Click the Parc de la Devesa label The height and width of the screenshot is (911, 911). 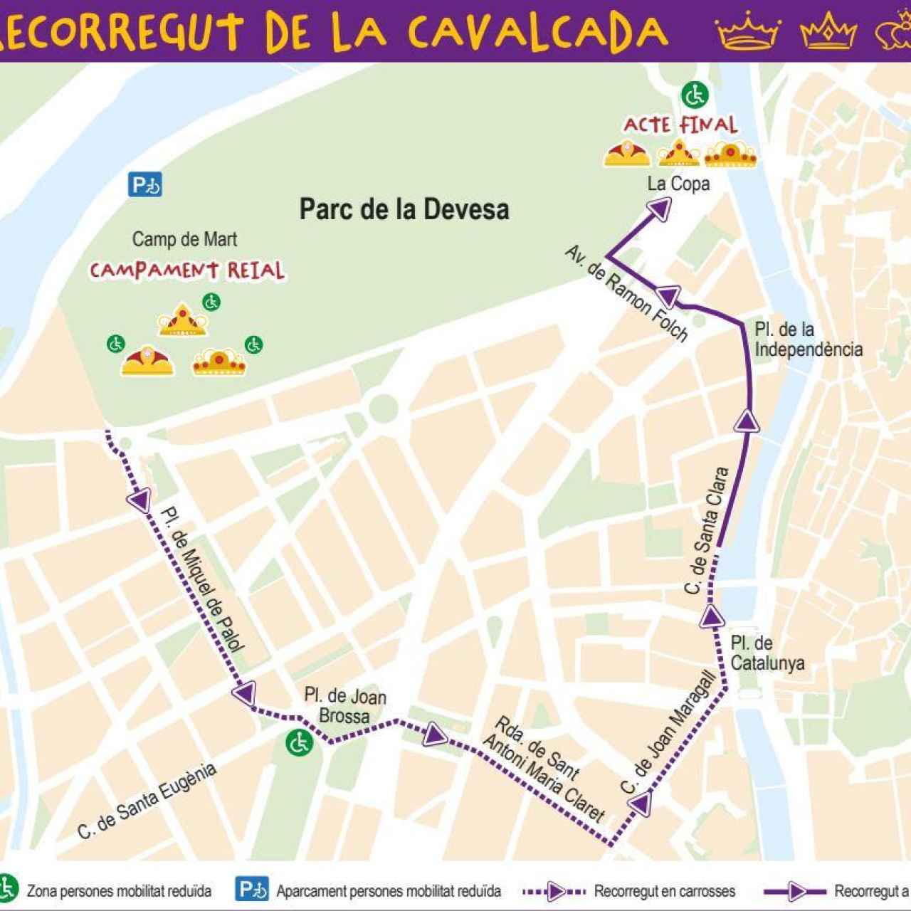pyautogui.click(x=404, y=209)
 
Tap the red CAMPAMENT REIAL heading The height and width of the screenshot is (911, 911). pyautogui.click(x=186, y=271)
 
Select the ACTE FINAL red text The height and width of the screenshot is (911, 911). pyautogui.click(x=680, y=125)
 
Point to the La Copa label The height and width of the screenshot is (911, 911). pyautogui.click(x=678, y=184)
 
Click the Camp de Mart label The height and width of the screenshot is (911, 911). pyautogui.click(x=184, y=239)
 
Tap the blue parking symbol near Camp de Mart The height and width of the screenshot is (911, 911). pyautogui.click(x=145, y=185)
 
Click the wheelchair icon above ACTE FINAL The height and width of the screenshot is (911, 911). pyautogui.click(x=694, y=94)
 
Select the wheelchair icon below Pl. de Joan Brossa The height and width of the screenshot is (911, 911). pyautogui.click(x=299, y=743)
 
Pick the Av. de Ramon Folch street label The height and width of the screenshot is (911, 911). pyautogui.click(x=627, y=293)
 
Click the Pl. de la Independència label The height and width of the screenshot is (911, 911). pyautogui.click(x=808, y=339)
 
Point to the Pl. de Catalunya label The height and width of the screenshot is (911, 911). pyautogui.click(x=767, y=653)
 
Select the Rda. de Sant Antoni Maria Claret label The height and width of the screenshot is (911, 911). pyautogui.click(x=544, y=770)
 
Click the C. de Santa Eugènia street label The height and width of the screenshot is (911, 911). pyautogui.click(x=147, y=801)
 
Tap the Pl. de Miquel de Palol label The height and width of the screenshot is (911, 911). pyautogui.click(x=202, y=579)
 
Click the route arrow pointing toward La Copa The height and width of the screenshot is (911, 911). pyautogui.click(x=660, y=207)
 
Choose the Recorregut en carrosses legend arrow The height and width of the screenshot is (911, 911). pyautogui.click(x=554, y=891)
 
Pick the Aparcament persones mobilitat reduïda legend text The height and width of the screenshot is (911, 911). pyautogui.click(x=389, y=891)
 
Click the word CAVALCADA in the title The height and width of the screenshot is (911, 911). pyautogui.click(x=537, y=30)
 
